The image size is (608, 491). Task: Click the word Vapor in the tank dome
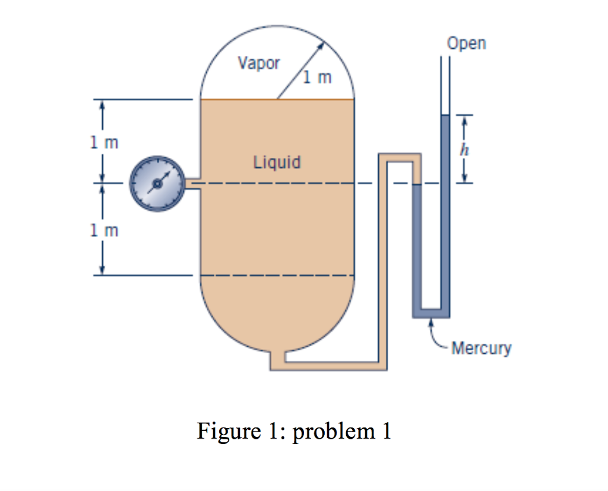pos(258,63)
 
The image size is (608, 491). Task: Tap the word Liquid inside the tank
pos(277,161)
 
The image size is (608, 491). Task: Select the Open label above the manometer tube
pos(467,43)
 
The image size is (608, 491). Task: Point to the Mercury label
pos(481,348)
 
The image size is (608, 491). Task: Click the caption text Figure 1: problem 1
pos(294,431)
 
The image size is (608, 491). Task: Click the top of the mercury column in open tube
pos(445,116)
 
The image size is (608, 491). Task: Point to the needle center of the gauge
pos(157,184)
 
